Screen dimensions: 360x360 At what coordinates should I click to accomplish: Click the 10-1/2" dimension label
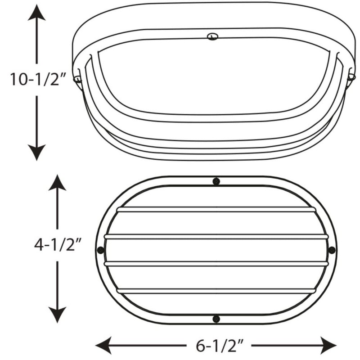tap(38, 80)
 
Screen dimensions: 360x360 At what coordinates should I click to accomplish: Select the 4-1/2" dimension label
tap(57, 245)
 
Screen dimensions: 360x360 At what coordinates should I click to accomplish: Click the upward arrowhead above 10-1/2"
tap(36, 12)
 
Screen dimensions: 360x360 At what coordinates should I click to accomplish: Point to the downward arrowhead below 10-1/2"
tap(36, 153)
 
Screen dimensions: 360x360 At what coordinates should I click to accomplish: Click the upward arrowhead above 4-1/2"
tap(57, 182)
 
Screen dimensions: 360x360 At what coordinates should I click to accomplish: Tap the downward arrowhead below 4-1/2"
tap(57, 315)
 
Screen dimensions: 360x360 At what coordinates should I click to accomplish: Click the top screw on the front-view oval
tap(216, 181)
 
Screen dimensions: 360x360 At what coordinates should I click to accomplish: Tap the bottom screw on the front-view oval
tap(216, 319)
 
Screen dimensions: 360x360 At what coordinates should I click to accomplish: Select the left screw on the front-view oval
tap(100, 250)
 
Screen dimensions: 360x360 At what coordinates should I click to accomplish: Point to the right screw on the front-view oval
tap(332, 250)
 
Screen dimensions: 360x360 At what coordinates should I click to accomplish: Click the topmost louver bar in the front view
tap(216, 210)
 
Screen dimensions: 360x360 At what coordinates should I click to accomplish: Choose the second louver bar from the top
tap(216, 236)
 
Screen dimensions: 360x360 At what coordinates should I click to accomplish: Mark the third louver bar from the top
tap(216, 263)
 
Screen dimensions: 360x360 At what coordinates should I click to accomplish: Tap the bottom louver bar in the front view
tap(216, 291)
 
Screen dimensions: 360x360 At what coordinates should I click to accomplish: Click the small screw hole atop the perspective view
tap(211, 36)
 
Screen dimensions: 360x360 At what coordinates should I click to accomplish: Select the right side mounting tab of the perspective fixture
tap(351, 77)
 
